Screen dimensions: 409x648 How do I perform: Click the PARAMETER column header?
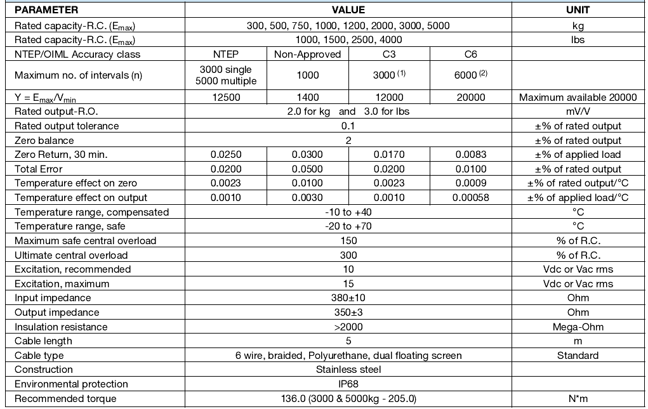tap(46, 10)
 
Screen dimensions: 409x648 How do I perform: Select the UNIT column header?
tap(578, 10)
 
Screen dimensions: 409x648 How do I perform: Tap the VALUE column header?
tap(348, 10)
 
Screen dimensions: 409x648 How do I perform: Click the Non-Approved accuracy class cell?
tap(308, 54)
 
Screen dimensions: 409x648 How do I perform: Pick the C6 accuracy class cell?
tap(470, 54)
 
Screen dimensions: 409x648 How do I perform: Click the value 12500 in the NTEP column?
tap(225, 97)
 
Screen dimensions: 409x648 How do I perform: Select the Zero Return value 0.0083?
tap(470, 155)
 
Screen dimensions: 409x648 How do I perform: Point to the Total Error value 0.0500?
tap(308, 169)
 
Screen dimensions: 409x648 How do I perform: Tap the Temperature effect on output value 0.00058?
tap(470, 198)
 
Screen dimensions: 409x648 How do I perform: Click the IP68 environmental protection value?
tap(348, 384)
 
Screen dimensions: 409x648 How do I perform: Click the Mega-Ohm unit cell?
tap(578, 327)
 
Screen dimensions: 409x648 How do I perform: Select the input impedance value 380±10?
tap(348, 298)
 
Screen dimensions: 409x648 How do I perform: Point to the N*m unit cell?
tap(578, 399)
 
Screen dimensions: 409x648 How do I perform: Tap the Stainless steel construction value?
tap(348, 370)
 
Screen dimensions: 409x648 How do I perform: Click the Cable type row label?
tap(39, 356)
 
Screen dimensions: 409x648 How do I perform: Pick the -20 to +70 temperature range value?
tap(348, 226)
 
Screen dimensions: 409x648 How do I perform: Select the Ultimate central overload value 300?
tap(348, 255)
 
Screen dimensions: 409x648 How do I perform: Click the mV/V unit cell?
tap(578, 112)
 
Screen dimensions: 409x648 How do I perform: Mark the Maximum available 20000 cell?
tap(578, 97)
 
